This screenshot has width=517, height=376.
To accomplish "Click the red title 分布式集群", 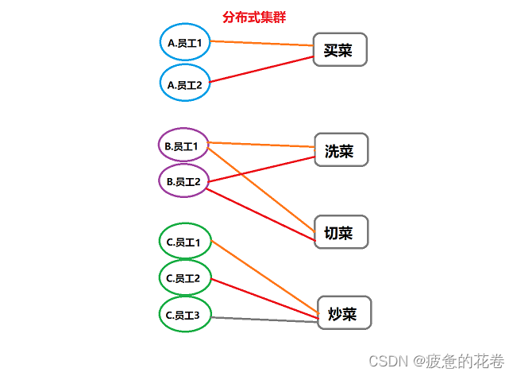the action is (x=254, y=17).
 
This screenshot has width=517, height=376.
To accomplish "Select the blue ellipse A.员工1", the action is (x=185, y=44).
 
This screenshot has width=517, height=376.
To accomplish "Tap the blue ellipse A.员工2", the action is (x=185, y=84).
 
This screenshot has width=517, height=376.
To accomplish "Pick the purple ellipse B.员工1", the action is (x=183, y=145).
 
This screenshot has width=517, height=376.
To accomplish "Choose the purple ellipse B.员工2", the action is (x=183, y=181).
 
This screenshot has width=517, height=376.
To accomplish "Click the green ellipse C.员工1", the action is (x=185, y=242).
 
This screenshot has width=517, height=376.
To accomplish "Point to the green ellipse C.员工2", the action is (x=185, y=278).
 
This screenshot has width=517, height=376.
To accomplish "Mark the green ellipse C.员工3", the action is (x=185, y=315).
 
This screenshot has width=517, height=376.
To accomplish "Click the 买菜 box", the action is (x=340, y=49).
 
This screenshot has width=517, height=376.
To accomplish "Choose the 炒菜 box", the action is (x=345, y=313).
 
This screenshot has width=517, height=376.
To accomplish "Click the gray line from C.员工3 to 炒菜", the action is (x=262, y=319).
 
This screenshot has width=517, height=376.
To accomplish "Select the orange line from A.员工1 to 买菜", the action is (x=262, y=42).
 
